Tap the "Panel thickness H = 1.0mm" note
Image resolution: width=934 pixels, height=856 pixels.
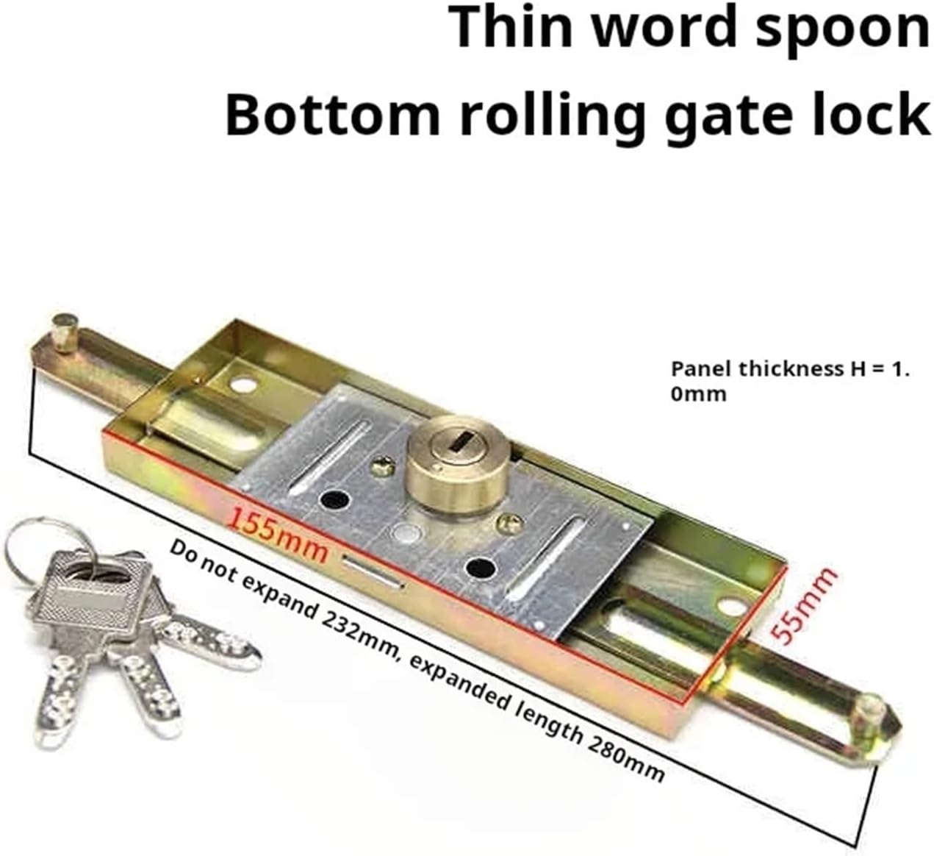(790, 381)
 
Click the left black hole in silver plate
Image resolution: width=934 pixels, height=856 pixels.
(334, 500)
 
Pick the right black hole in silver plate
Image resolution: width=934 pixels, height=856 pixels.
(479, 567)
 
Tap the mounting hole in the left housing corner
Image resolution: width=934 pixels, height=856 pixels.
(243, 384)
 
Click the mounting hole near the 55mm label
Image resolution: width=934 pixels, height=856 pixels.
(730, 607)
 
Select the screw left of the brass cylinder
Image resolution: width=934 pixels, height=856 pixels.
(382, 465)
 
